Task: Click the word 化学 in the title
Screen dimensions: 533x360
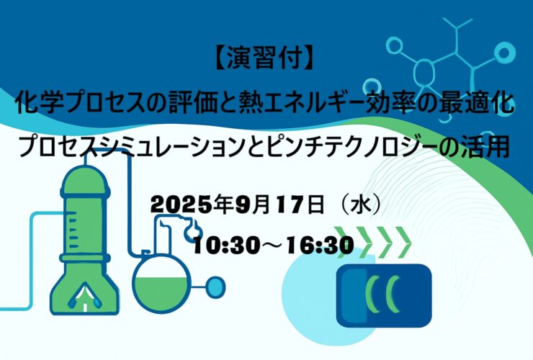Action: (40, 104)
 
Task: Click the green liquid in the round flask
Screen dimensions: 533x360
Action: (161, 290)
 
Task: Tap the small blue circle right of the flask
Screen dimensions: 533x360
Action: (215, 287)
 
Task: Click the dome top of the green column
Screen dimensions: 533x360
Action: (85, 177)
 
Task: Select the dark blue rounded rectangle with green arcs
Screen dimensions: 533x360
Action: (384, 295)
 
